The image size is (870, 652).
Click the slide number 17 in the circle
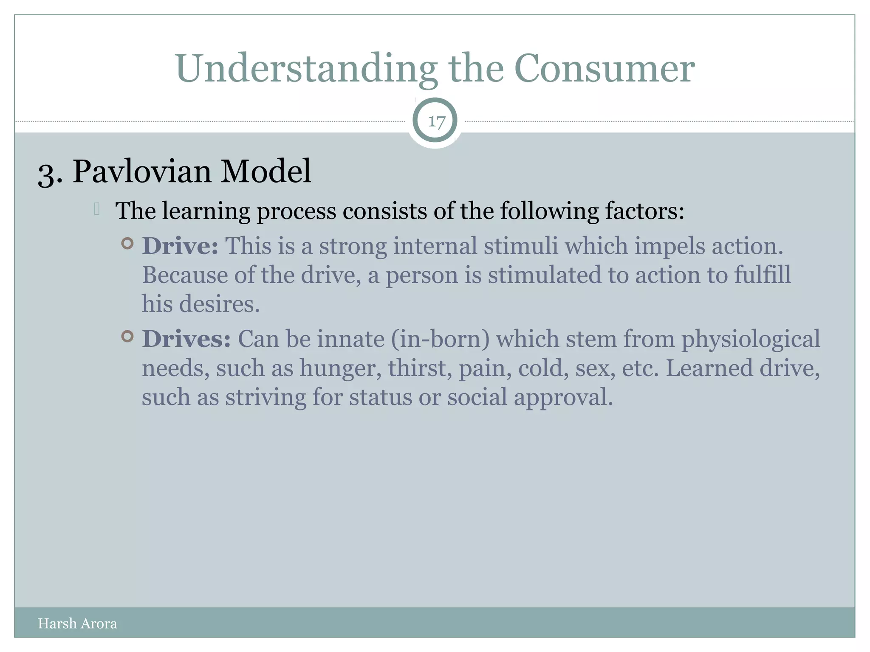pos(436,122)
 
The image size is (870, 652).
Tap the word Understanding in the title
pos(306,69)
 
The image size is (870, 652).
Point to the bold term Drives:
pos(186,339)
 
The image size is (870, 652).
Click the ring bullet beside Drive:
pos(127,244)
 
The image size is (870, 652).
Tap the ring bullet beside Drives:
pos(127,337)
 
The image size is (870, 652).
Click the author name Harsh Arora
pos(77,623)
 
